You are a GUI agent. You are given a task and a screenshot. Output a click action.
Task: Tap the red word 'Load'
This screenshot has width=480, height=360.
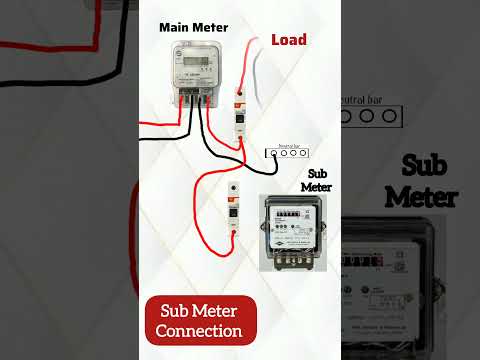pos(288,40)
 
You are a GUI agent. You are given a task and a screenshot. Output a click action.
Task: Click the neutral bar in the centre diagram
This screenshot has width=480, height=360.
pos(286,154)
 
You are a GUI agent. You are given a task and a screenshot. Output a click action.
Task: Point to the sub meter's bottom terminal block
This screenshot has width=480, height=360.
pos(291,258)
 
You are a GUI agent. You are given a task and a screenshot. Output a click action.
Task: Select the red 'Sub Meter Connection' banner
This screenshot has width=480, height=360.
pos(200,319)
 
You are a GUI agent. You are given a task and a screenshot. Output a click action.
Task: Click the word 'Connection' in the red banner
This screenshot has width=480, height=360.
pos(200,330)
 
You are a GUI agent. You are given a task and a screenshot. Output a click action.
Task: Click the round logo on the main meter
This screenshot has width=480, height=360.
pos(174,55)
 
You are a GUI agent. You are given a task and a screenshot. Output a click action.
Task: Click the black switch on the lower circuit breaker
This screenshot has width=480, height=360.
pos(233,208)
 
